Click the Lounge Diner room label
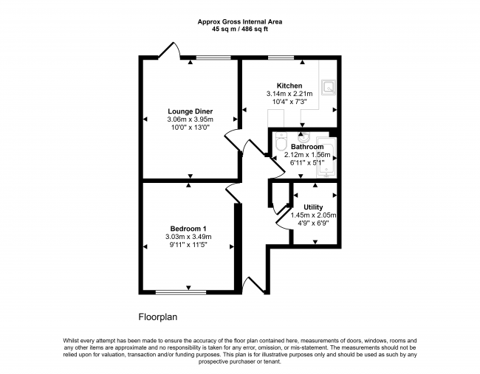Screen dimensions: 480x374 [x=190, y=111]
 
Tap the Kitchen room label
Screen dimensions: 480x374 [x=289, y=86]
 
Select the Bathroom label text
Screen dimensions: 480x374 [x=307, y=147]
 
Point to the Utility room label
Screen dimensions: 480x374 [x=313, y=207]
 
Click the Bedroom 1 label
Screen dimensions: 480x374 [x=188, y=229]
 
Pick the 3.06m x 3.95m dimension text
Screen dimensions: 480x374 [x=190, y=120]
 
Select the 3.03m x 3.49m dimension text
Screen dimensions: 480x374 [x=188, y=236]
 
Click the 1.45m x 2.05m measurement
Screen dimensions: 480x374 [x=313, y=215]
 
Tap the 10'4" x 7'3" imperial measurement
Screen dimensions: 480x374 [x=289, y=102]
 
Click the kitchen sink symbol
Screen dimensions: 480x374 [x=329, y=87]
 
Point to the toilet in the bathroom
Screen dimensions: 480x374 [x=281, y=142]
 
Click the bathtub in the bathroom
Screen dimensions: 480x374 [x=326, y=157]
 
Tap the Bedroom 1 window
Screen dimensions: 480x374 [x=181, y=292]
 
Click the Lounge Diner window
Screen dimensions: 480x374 [x=213, y=58]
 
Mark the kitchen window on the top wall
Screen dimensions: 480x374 [x=281, y=58]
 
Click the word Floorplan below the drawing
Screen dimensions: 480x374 [x=158, y=317]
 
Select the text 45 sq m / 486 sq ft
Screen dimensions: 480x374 [x=240, y=30]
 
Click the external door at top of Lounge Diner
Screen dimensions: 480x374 [x=169, y=50]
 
